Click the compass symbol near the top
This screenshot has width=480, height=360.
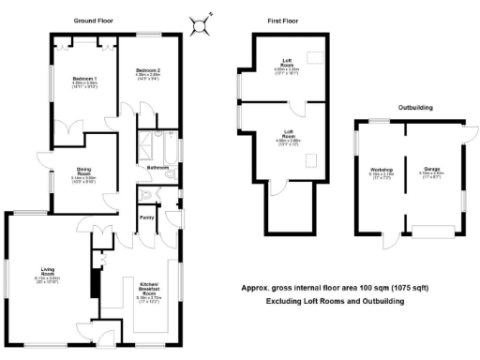pyautogui.click(x=199, y=23)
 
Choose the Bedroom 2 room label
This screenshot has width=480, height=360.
pyautogui.click(x=147, y=71)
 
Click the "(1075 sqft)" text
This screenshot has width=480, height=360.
pyautogui.click(x=379, y=290)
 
